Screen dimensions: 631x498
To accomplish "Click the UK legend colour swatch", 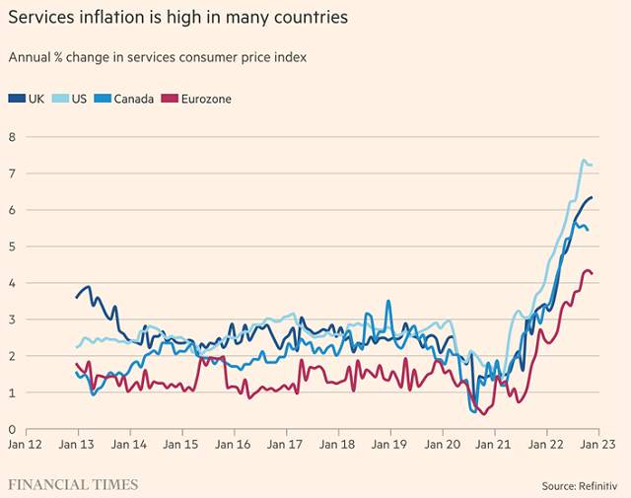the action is [17, 99].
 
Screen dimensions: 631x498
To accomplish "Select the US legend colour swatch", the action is [60, 99].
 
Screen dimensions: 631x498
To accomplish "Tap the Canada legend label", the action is [134, 99].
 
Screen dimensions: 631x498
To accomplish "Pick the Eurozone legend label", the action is [206, 99].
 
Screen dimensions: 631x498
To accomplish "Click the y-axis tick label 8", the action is [12, 137].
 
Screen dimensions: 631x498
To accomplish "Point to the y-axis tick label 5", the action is [12, 247].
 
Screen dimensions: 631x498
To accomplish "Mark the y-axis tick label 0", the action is [12, 429].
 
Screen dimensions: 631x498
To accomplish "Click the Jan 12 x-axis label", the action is [25, 445].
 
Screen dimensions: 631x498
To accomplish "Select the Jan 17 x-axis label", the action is [285, 445].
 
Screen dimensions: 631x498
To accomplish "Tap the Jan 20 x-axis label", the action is [443, 445].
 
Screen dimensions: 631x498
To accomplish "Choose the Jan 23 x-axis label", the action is [598, 445].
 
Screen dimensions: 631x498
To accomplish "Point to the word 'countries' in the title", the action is [314, 18].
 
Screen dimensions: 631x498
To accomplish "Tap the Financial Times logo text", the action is [73, 485].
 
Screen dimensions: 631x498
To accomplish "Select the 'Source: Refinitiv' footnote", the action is [580, 486].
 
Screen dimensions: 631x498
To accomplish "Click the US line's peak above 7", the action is [584, 160].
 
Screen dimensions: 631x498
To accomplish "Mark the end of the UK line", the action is [592, 197].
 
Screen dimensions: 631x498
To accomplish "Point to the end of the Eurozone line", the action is [592, 274].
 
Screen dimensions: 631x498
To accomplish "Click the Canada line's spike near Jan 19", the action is [388, 301].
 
